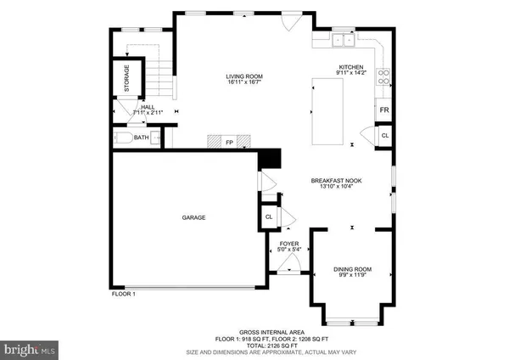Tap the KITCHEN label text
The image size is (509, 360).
click(x=351, y=67)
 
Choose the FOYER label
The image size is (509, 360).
click(x=289, y=244)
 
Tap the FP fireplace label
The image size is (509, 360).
click(x=228, y=143)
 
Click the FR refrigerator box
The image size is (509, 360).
click(x=384, y=111)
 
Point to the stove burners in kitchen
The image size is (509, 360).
click(x=384, y=77)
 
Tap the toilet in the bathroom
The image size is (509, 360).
click(x=121, y=137)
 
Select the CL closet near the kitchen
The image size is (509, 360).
click(x=384, y=135)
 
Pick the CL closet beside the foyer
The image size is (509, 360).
click(x=268, y=217)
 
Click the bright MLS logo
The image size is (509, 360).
click(x=31, y=348)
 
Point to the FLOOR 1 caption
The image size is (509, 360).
click(x=123, y=294)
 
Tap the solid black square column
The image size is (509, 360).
click(x=269, y=159)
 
